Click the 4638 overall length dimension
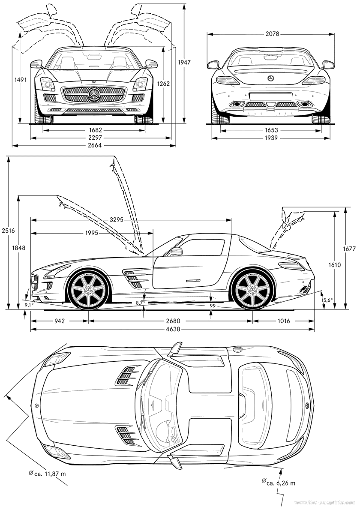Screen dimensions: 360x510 tap(172, 329)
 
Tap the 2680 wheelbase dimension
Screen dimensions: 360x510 tap(172, 321)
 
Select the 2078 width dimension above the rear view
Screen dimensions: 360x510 tap(272, 33)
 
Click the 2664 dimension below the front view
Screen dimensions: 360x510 tap(94, 145)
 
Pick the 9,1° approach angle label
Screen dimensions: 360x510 tap(29, 305)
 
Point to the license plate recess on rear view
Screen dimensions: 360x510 tap(270, 96)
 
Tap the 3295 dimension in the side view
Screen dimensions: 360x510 tap(116, 220)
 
